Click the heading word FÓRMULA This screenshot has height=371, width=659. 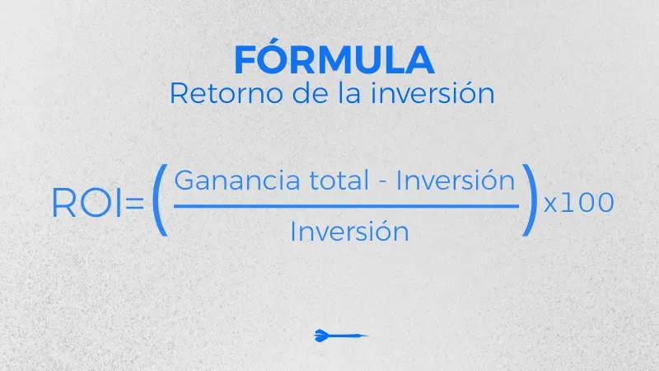click(333, 60)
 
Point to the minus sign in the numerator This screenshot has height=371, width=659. click(380, 183)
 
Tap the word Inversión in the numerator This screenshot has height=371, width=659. click(456, 181)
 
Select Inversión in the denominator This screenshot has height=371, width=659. click(349, 232)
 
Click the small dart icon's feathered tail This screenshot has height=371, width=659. click(321, 335)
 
